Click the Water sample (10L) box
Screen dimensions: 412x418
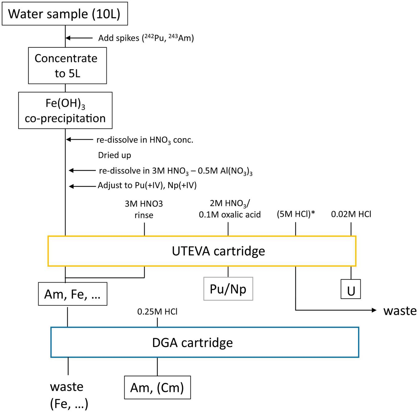coord(65,14)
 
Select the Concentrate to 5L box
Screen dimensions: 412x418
coord(67,66)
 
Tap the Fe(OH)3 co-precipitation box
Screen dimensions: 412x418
coord(65,110)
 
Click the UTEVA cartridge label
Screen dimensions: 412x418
coord(218,251)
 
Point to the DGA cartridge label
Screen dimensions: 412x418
coord(192,343)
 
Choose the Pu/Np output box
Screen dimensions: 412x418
coord(228,289)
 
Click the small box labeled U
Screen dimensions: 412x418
coord(351,289)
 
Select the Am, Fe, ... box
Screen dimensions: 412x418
coord(72,294)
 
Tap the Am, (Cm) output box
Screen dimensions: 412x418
coord(157,388)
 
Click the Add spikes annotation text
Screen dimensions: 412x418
coord(146,38)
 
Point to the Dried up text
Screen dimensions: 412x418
coord(114,155)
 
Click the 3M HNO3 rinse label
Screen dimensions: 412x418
coord(144,209)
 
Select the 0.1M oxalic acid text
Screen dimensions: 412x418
coord(230,214)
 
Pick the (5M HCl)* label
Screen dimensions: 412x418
coord(296,214)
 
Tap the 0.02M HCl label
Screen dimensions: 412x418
coord(351,214)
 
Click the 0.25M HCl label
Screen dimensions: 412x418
coord(157,312)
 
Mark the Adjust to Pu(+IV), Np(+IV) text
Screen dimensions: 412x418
coord(147,186)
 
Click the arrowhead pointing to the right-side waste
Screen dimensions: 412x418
coord(374,310)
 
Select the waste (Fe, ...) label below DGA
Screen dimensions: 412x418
coord(69,395)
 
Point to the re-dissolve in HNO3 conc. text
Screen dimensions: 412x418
coord(145,140)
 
